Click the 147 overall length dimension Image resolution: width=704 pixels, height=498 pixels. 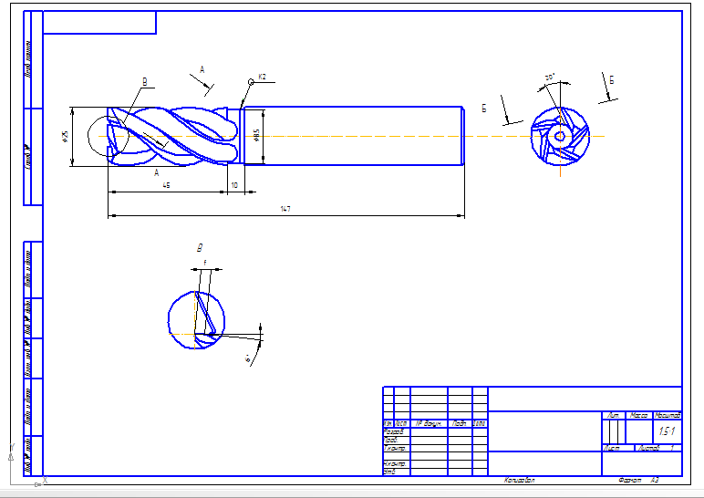click(x=285, y=210)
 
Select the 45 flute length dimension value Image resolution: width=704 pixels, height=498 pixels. click(x=166, y=185)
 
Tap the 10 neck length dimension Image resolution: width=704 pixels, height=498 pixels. click(x=234, y=185)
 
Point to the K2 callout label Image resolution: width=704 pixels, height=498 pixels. click(x=262, y=77)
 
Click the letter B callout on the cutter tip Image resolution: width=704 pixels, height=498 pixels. click(x=145, y=81)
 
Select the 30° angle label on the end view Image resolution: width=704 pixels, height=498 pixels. click(x=550, y=78)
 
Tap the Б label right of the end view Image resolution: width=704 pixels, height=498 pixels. click(x=611, y=80)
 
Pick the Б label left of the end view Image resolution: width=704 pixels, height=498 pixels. click(x=484, y=108)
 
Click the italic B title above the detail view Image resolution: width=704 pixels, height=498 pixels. click(x=199, y=247)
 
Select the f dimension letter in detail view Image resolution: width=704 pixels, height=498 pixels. click(x=205, y=263)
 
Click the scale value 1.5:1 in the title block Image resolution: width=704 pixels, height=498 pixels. click(x=667, y=431)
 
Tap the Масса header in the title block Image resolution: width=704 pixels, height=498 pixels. click(x=639, y=415)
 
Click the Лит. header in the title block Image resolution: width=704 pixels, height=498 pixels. click(x=611, y=415)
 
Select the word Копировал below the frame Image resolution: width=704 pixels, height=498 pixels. click(x=519, y=480)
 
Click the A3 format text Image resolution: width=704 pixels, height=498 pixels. click(x=654, y=480)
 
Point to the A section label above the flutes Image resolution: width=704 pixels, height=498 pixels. click(x=202, y=69)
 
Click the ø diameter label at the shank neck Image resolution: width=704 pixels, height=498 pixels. click(x=257, y=134)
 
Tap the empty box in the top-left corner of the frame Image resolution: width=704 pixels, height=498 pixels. click(x=99, y=23)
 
